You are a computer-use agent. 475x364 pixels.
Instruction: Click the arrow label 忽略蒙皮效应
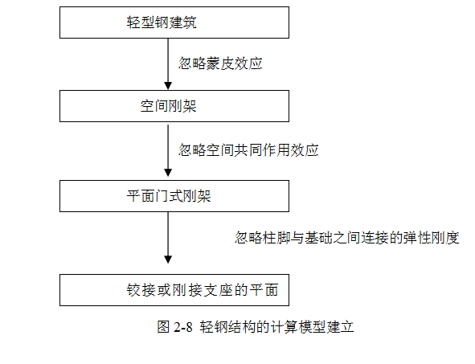[x=220, y=63]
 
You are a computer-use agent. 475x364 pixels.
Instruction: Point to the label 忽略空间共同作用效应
[x=248, y=150]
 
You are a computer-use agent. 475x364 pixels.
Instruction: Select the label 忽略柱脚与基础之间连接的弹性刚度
[x=347, y=237]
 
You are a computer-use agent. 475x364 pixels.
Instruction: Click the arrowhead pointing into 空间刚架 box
[x=168, y=86]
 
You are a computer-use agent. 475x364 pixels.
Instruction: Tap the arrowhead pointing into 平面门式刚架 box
[x=168, y=173]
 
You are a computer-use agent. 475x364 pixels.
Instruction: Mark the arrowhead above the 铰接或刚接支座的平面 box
[x=168, y=260]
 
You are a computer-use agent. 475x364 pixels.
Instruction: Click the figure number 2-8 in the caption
[x=183, y=327]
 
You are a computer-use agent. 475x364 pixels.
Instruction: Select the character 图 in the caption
[x=164, y=327]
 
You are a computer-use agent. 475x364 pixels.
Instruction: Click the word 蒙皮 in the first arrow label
[x=220, y=63]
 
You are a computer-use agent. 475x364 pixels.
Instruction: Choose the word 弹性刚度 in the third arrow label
[x=432, y=237]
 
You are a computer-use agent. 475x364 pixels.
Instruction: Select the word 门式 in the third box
[x=169, y=196]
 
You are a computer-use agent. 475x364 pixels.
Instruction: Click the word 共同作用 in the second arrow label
[x=262, y=150]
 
